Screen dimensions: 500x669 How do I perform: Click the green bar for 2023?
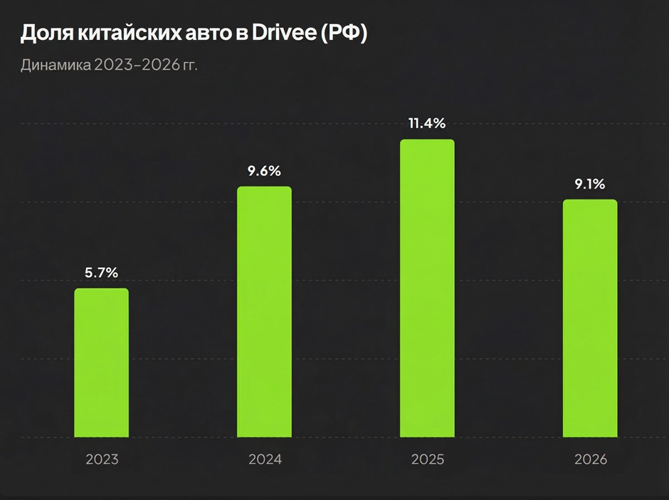click(x=102, y=363)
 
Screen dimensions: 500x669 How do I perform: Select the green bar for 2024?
click(x=264, y=312)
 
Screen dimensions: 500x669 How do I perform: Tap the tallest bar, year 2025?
click(x=427, y=288)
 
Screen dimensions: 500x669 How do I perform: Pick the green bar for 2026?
click(x=590, y=318)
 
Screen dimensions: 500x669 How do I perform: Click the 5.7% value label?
click(x=102, y=272)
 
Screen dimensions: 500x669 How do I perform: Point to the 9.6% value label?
click(x=264, y=171)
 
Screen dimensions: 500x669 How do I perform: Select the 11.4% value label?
click(x=427, y=123)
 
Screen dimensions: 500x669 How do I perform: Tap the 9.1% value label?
click(x=590, y=184)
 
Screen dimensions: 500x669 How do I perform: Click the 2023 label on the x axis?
click(x=102, y=459)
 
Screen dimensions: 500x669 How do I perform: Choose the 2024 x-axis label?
click(x=265, y=459)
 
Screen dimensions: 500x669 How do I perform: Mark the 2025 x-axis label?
click(x=427, y=459)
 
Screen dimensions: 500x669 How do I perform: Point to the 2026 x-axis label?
click(x=590, y=459)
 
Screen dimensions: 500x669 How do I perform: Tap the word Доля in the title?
click(x=43, y=35)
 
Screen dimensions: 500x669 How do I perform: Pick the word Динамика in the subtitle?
click(x=55, y=66)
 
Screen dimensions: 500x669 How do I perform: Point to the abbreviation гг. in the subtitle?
click(x=189, y=66)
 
